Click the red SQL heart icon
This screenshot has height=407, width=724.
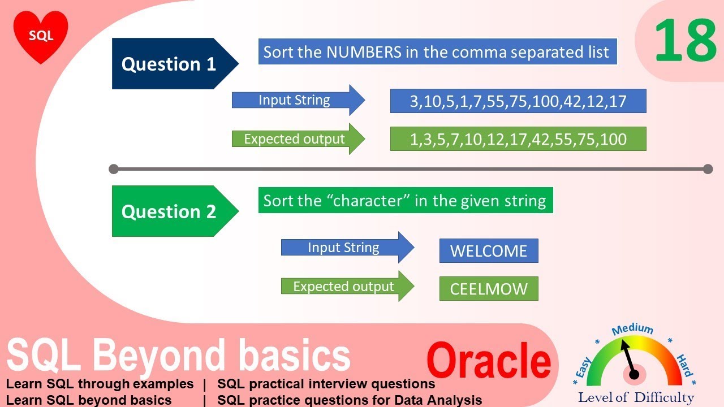coord(41,36)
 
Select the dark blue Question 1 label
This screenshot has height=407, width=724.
coord(169,64)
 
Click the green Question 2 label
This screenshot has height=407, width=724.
coord(169,211)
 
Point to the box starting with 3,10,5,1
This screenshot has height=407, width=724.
coord(518,101)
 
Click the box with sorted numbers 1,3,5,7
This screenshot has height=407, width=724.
coord(518,139)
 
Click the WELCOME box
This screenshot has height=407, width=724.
coord(488,251)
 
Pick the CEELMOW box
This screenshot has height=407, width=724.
coord(488,289)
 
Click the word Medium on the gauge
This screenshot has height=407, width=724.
coord(632,329)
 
